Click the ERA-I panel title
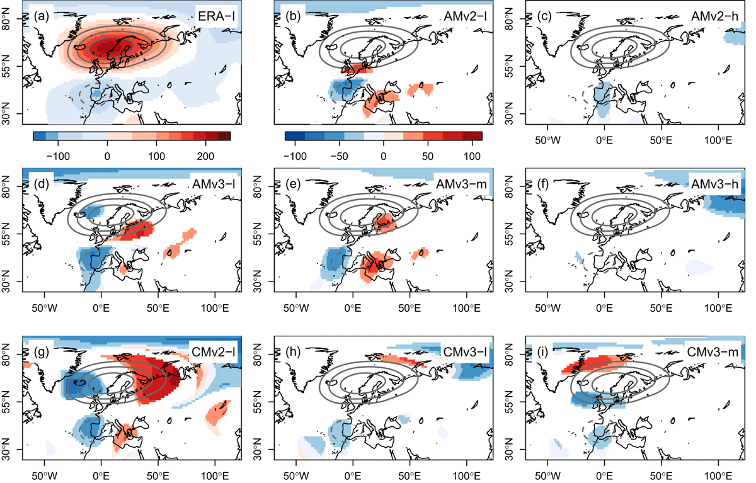pos(216,16)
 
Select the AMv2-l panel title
pos(465,16)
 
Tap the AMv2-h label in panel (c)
pos(714,16)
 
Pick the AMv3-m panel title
pos(461,184)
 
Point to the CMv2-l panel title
pos(214,352)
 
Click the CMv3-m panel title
pos(713,352)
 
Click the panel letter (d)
pos(42,184)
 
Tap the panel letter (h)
pos(293,352)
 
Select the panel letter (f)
pos(544,184)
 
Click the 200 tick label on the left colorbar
pos(205,156)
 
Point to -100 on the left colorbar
pos(58,156)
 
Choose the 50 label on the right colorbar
pos(428,156)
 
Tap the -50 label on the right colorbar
pos(340,156)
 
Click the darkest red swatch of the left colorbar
pos(224,136)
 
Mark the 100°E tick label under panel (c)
pos(718,140)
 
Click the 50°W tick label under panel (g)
pos(45,476)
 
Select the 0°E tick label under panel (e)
pos(353,308)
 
